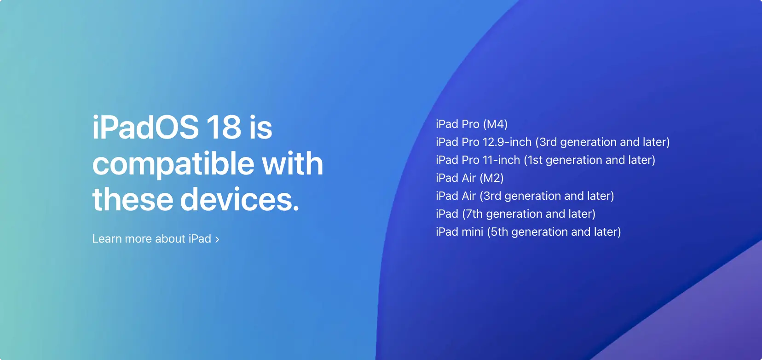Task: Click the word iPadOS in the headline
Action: coord(145,128)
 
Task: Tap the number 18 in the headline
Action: coord(224,128)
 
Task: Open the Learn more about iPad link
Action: coord(151,239)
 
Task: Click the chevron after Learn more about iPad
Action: coord(217,239)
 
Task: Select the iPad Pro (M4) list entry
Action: coord(472,124)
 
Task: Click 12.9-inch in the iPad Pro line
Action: coord(507,142)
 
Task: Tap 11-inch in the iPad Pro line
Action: coord(502,160)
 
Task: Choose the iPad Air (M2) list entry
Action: coord(470,178)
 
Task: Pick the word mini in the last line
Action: coord(473,232)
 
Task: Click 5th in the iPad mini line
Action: coord(499,232)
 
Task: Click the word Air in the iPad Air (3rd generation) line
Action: coord(469,196)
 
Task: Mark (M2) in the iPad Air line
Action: coord(492,178)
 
